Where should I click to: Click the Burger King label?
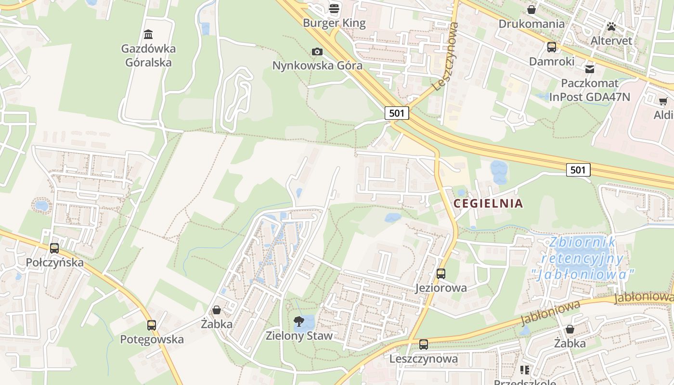tap(334, 23)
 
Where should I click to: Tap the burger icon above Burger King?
tap(334, 8)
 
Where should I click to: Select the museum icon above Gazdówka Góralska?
tap(148, 34)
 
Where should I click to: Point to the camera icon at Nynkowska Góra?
tap(317, 51)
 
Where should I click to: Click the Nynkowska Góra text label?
tap(317, 65)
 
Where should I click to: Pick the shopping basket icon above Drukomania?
tap(531, 10)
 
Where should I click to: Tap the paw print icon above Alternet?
tap(611, 26)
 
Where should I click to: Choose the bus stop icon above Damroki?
tap(551, 47)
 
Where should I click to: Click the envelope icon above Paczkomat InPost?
tap(590, 69)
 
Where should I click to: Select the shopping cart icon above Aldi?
tap(663, 101)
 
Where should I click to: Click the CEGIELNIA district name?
tap(488, 203)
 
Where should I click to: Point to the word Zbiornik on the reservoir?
tap(583, 242)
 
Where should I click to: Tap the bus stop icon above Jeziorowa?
tap(441, 274)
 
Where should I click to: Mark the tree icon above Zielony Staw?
tap(299, 321)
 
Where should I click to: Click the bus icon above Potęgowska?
tap(152, 325)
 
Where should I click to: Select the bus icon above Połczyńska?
tap(54, 248)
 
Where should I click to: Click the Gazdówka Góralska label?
tap(148, 55)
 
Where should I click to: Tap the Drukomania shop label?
tap(531, 24)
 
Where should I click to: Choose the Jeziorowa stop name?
tap(441, 288)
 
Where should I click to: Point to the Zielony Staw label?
tap(299, 335)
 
